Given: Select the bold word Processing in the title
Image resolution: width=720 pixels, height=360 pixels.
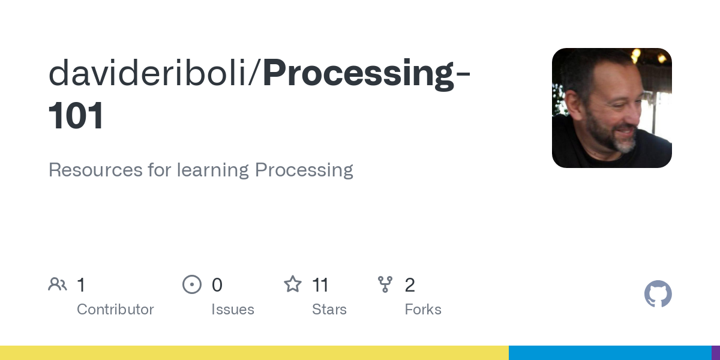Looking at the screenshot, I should [x=359, y=73].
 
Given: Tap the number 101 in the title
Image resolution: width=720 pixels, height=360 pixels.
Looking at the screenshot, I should [x=76, y=116].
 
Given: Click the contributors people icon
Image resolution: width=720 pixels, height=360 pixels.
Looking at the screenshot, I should [x=58, y=284].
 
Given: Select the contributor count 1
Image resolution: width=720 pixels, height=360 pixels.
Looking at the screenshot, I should [x=81, y=285].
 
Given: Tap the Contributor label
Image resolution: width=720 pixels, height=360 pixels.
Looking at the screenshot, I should [x=115, y=310].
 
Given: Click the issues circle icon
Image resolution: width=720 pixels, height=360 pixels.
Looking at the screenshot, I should [x=192, y=284].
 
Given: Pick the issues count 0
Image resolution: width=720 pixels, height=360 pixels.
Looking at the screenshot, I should [x=217, y=285].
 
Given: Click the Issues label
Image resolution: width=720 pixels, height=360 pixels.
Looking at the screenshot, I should [x=232, y=310].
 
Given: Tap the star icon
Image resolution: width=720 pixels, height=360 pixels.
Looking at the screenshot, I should [x=293, y=284].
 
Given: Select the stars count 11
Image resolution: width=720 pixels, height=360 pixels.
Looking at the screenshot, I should [x=320, y=285].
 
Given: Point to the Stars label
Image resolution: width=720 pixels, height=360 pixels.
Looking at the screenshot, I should [x=329, y=310].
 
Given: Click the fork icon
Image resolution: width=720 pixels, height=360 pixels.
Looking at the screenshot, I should [x=385, y=284].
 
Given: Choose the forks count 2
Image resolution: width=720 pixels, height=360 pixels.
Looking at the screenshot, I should [x=410, y=285].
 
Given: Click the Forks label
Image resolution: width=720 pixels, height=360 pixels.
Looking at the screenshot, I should [x=423, y=310].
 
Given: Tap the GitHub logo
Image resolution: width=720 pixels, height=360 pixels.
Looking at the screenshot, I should [x=658, y=294].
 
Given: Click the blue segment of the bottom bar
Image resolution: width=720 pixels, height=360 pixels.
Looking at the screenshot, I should [x=610, y=353].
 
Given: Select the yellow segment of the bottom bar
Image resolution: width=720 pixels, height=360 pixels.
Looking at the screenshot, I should [x=254, y=353].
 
